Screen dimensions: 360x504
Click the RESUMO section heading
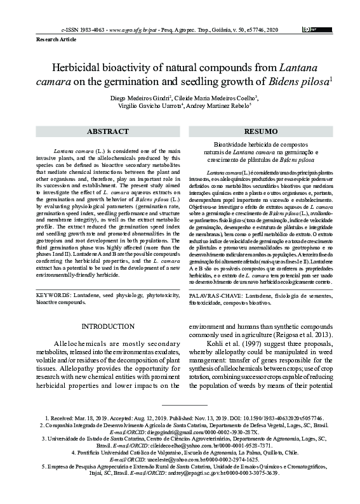tap(261, 131)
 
